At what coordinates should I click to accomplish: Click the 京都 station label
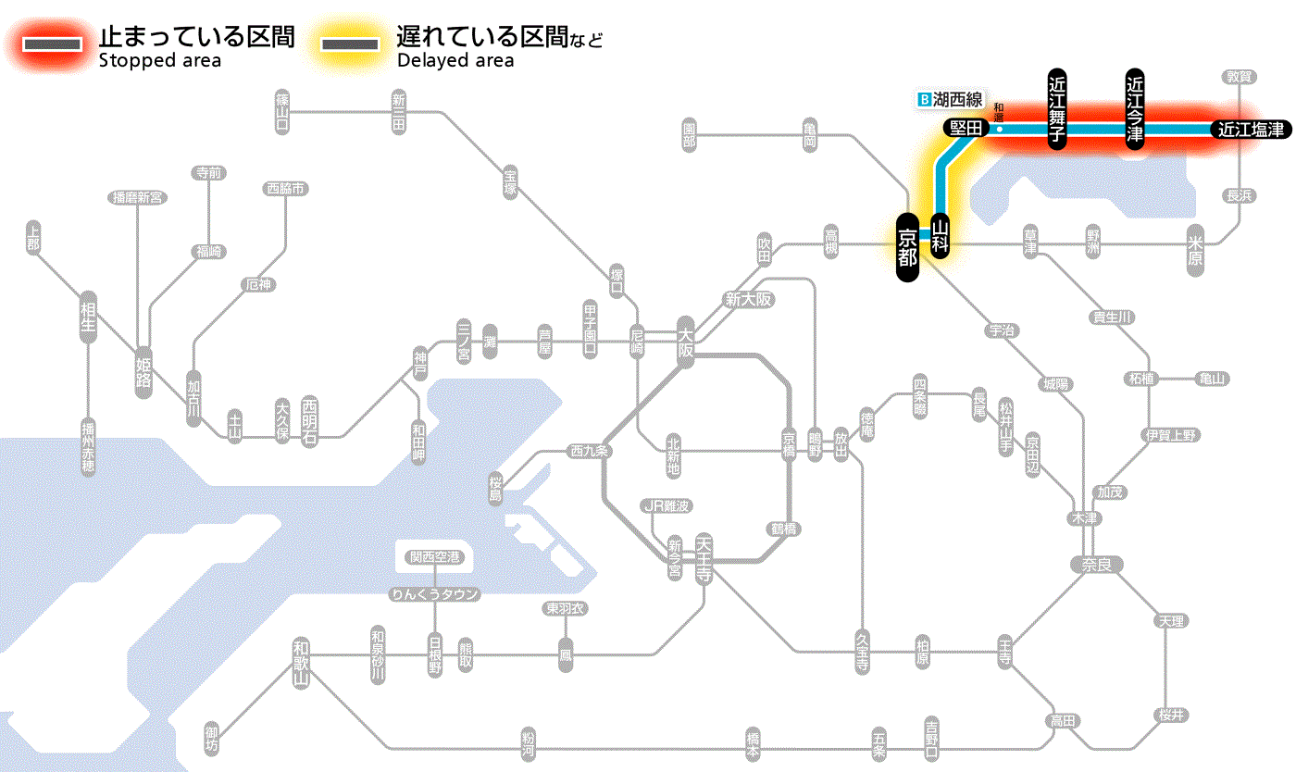[x=907, y=247]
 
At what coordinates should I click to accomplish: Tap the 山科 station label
[x=941, y=237]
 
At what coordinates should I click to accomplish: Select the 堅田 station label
[x=962, y=130]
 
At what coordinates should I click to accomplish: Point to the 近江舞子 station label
[x=1057, y=108]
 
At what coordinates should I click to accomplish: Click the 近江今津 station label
[x=1134, y=108]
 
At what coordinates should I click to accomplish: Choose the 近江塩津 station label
[x=1251, y=130]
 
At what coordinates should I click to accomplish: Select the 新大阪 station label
[x=748, y=300]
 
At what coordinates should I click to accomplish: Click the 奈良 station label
[x=1095, y=564]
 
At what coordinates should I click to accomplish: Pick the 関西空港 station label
[x=434, y=557]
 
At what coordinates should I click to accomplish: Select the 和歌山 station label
[x=301, y=663]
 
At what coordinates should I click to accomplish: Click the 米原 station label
[x=1196, y=251]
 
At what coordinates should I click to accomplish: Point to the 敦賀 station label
[x=1239, y=77]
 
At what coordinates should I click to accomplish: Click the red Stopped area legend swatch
[x=56, y=44]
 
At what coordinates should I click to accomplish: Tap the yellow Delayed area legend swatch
[x=349, y=44]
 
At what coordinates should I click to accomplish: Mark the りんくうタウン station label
[x=434, y=594]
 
